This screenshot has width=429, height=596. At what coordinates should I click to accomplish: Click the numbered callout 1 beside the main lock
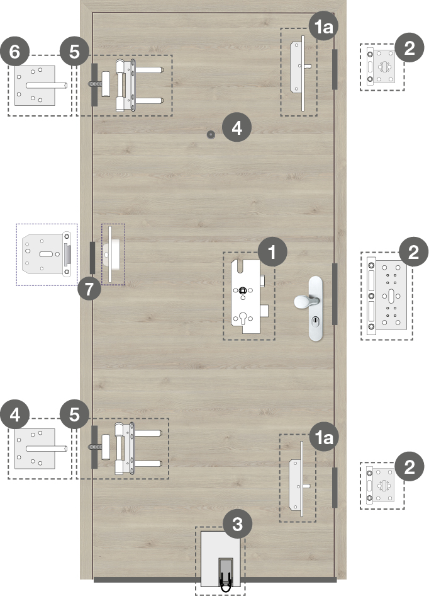[x=272, y=251]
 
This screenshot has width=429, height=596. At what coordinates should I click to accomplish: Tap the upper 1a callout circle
[x=323, y=27]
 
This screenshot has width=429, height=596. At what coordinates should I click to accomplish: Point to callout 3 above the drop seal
[x=237, y=524]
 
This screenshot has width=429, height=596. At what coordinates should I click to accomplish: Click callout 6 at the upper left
[x=15, y=52]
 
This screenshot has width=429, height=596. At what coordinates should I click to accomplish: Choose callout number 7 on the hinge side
[x=89, y=289]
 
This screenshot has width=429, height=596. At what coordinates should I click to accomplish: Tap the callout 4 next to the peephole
[x=237, y=128]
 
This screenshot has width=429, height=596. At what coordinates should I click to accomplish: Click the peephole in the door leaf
[x=210, y=134]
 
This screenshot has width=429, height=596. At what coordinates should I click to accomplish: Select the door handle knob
[x=303, y=301]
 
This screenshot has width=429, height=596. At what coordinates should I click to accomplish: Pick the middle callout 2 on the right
[x=413, y=251]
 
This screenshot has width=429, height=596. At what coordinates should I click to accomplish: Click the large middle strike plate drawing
[x=387, y=296]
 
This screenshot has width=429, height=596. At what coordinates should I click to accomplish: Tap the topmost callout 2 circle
[x=409, y=47]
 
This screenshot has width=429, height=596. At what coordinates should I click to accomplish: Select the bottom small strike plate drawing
[x=381, y=486]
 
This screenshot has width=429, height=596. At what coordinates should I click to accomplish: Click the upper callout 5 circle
[x=74, y=52]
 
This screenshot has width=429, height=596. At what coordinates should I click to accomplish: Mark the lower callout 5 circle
[x=74, y=414]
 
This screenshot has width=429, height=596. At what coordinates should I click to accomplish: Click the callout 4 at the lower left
[x=15, y=414]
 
